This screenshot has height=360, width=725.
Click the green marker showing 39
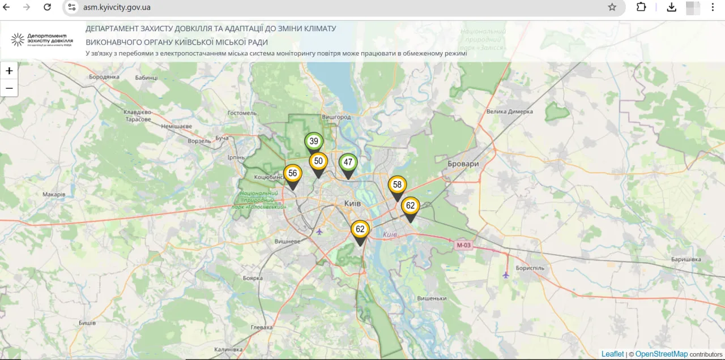314,142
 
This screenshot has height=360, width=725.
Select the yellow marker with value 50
318,161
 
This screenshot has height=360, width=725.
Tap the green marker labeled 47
348,162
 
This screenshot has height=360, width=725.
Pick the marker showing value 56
292,174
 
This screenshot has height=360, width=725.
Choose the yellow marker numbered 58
397,185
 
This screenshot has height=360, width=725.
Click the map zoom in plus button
9,71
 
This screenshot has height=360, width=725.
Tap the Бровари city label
463,164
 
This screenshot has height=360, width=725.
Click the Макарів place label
54,194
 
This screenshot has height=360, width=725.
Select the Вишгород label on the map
336,117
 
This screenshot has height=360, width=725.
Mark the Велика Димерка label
510,112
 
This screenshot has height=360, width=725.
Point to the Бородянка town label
104,76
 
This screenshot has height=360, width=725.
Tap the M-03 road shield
463,245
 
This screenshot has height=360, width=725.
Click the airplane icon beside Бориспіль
506,275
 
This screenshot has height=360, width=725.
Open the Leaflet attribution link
612,354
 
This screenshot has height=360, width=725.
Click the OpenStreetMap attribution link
661,354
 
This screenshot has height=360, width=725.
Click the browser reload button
48,7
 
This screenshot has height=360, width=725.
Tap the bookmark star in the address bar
612,7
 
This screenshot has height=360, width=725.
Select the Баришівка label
685,259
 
